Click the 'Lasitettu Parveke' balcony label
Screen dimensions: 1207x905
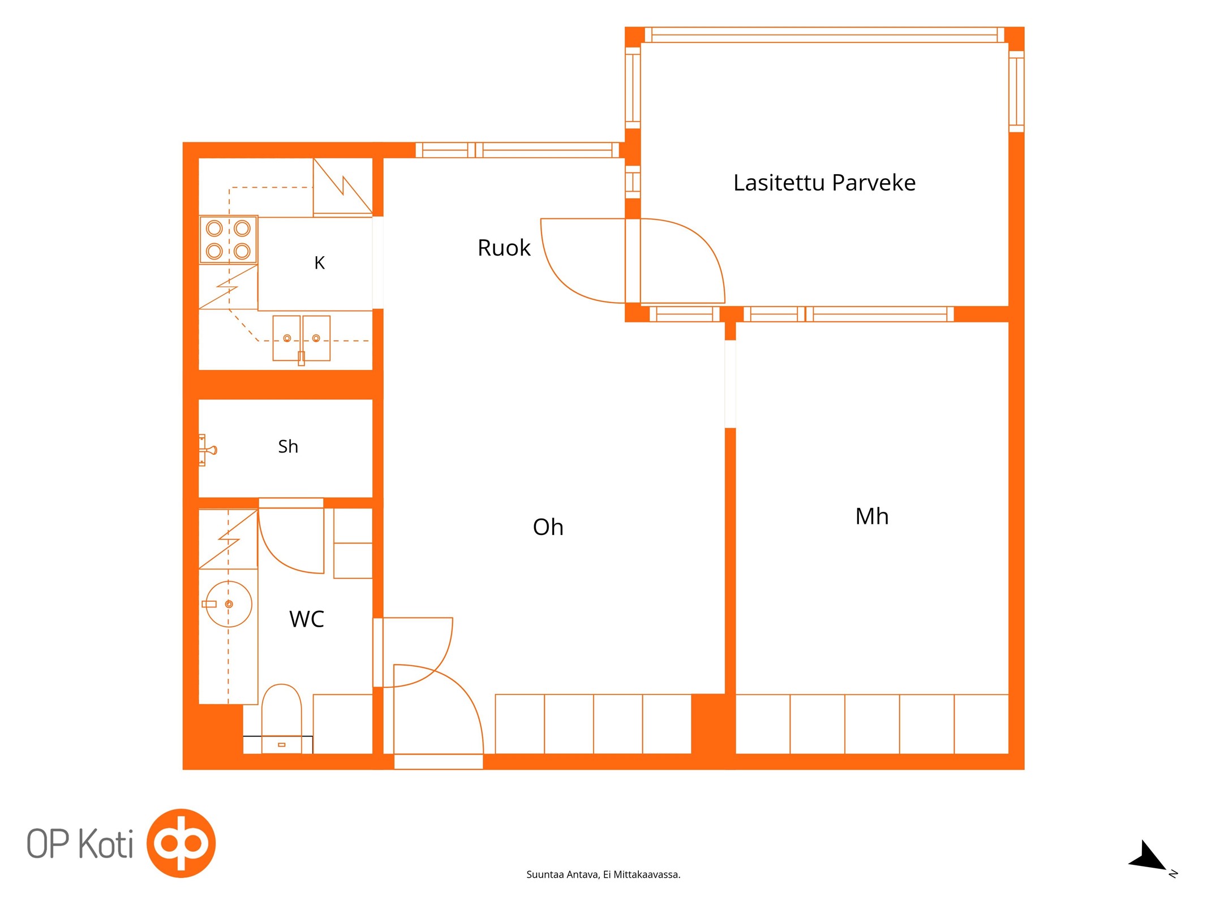[x=824, y=183]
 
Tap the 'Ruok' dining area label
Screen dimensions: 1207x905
[x=504, y=248]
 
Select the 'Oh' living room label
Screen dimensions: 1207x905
[x=548, y=527]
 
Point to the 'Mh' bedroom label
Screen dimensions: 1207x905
[x=871, y=516]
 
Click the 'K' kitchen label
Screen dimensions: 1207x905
[x=320, y=263]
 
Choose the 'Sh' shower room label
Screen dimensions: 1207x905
[x=288, y=446]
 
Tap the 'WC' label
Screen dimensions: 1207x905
[x=307, y=619]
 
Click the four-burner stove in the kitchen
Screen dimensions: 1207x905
[x=229, y=239]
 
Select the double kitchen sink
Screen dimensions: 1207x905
[x=301, y=339]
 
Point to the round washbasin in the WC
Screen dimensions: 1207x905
[x=229, y=604]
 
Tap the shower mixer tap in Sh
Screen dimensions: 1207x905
[x=207, y=450]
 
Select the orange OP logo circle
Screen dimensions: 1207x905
[x=181, y=843]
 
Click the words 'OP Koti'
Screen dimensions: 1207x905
[x=80, y=843]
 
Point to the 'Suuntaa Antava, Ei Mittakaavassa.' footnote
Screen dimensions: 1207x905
[x=603, y=874]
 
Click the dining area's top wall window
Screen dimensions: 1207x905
[x=518, y=150]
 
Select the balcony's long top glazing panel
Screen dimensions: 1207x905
[x=824, y=35]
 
